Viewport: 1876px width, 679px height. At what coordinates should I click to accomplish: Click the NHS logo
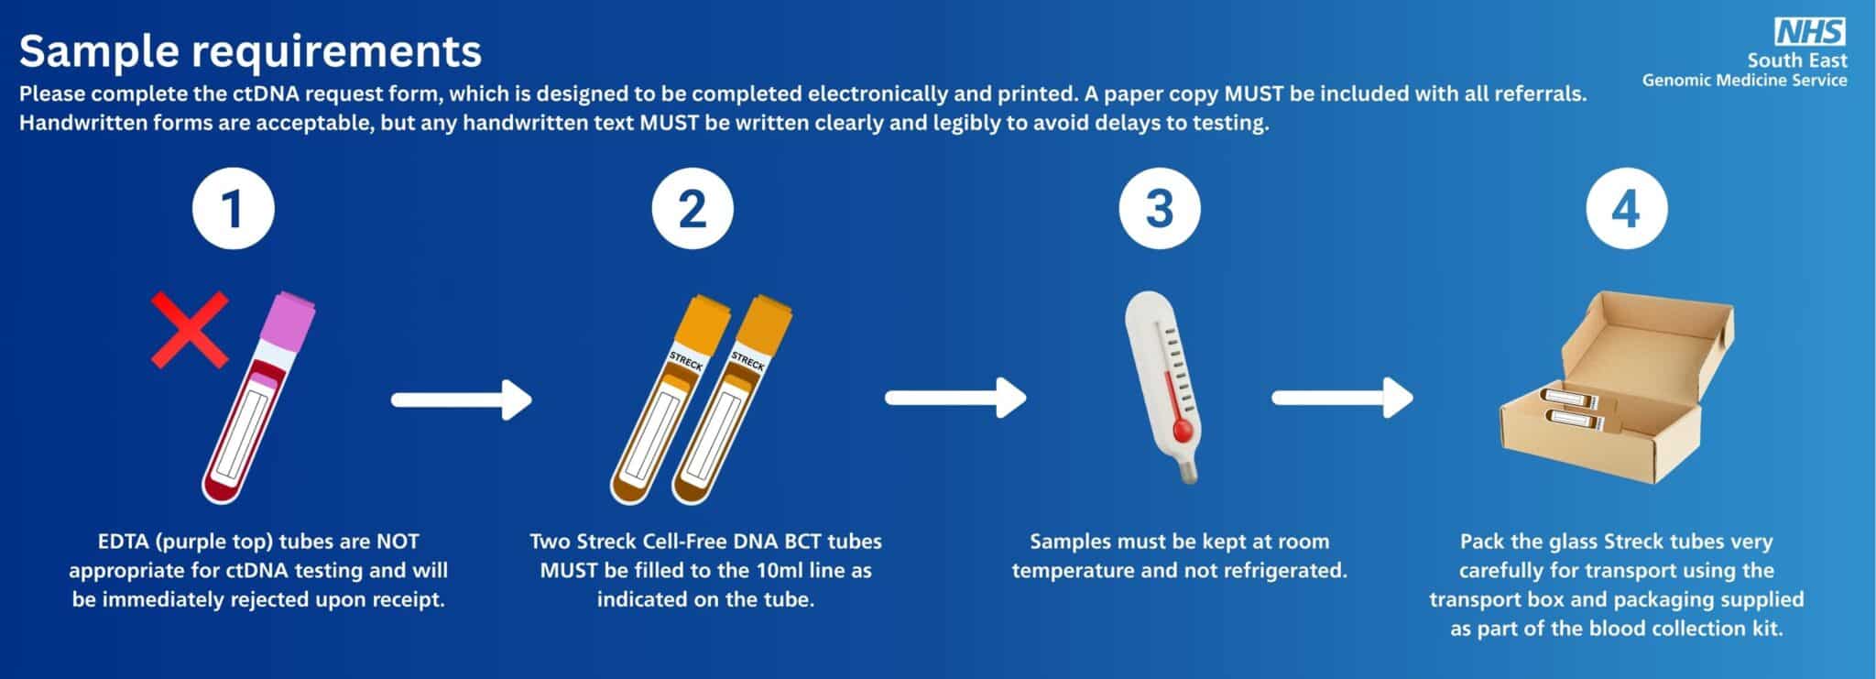pos(1811,32)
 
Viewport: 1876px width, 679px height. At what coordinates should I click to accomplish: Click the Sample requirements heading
pos(250,51)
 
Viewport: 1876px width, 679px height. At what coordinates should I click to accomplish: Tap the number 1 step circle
pos(234,209)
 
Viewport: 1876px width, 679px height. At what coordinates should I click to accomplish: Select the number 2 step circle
pos(693,209)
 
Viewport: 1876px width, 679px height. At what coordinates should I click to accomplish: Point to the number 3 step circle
pos(1160,209)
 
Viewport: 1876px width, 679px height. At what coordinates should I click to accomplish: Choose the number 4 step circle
pos(1626,209)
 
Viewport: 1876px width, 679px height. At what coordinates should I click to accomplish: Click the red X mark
pos(190,331)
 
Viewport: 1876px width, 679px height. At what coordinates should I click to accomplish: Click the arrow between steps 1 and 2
pos(462,400)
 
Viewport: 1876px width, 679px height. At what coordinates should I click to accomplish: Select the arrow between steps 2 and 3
pos(955,398)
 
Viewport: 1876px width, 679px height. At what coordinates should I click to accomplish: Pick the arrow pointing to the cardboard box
pos(1343,398)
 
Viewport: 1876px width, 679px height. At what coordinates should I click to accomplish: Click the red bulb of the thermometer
pos(1181,430)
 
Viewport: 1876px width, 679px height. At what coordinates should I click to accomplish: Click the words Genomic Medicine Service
pos(1744,81)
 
